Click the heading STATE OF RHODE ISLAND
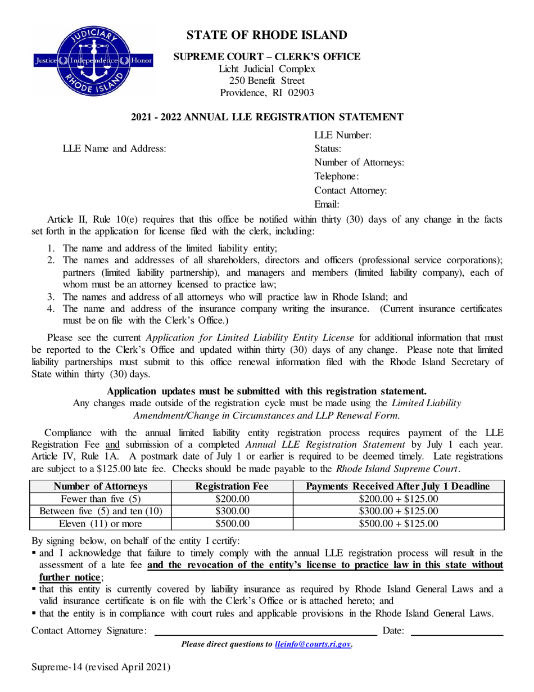click(x=267, y=35)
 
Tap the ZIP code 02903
click(x=301, y=93)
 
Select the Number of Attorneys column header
click(x=100, y=486)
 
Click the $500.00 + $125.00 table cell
click(x=399, y=524)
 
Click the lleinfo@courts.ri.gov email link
click(x=313, y=644)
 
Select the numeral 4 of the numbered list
click(x=50, y=309)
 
